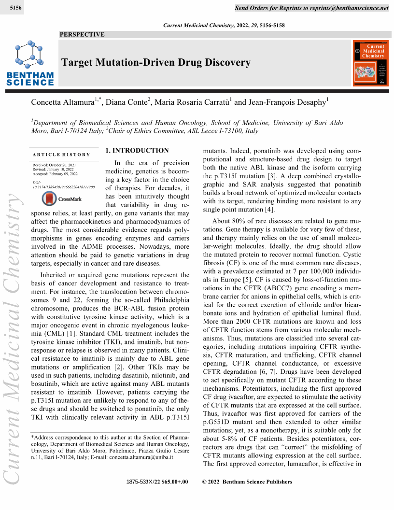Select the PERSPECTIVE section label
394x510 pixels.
pos(82,34)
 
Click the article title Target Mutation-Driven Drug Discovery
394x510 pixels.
pos(156,62)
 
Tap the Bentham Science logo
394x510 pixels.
pos(30,63)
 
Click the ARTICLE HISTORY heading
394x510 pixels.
pos(61,155)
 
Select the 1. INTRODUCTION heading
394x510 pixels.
pos(137,151)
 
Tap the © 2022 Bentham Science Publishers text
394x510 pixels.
pos(247,482)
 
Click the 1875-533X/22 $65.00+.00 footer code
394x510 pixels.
pos(157,482)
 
